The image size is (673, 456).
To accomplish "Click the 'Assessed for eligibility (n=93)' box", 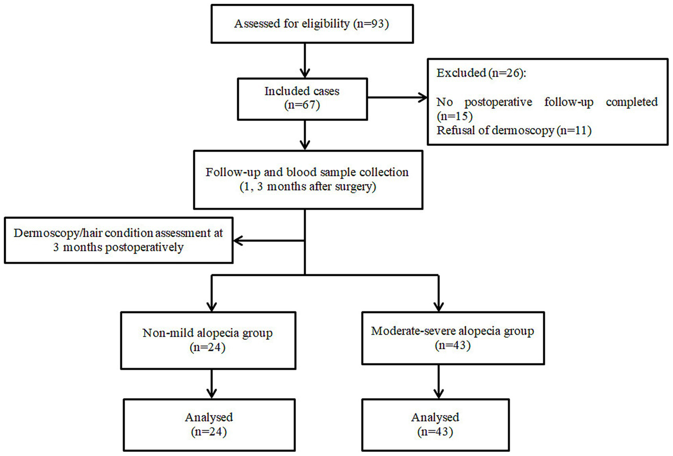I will coord(312,24).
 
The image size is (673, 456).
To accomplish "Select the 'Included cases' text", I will coord(302,91).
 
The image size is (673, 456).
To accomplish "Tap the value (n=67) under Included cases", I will coord(302,105).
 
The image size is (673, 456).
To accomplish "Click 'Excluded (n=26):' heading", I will coord(481,73).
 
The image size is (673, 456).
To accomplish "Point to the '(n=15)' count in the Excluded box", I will coord(455,116).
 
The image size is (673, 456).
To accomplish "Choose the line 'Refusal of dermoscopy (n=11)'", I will coord(514,131).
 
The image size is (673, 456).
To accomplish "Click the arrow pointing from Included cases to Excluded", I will coord(397,97).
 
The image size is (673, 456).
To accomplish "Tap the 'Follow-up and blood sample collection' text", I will coord(307,172).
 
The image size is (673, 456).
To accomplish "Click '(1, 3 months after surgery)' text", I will coord(307,187).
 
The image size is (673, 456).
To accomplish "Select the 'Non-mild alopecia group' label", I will coord(207,333).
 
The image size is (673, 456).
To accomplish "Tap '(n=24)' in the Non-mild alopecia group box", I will coord(207,347).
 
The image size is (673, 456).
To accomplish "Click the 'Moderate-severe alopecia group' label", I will coord(452,331).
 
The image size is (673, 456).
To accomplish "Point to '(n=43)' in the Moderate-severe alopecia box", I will coord(452,346).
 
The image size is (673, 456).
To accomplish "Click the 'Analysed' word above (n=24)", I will coord(209,417).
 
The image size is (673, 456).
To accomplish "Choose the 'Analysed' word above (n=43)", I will coord(435,417).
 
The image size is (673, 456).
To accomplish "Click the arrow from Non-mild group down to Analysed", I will coord(212,384).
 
